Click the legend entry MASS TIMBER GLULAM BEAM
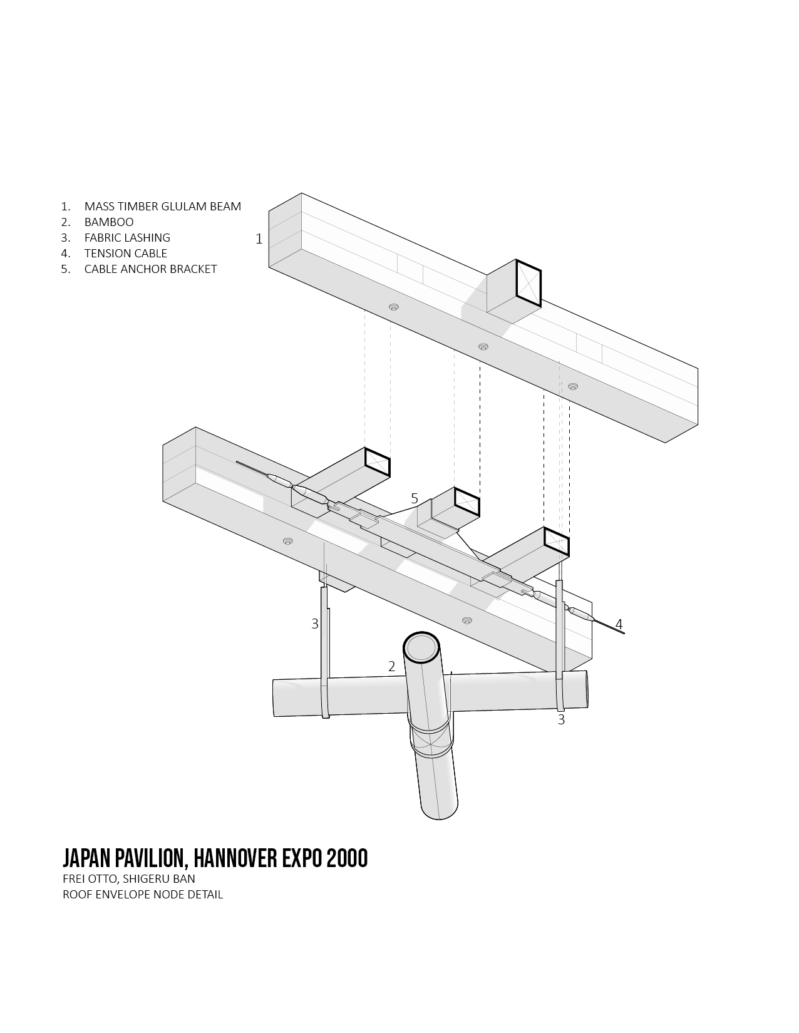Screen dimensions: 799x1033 click(163, 207)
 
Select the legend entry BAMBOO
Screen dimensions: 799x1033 click(109, 222)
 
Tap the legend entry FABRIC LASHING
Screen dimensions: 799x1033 click(127, 238)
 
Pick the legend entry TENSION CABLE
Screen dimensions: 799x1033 click(125, 254)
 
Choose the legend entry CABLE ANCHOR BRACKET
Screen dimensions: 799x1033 click(150, 269)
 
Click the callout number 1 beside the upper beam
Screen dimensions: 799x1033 click(259, 239)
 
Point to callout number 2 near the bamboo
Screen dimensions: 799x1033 click(391, 667)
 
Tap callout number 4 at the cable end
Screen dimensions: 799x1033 click(619, 624)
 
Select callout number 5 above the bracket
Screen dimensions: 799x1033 click(414, 499)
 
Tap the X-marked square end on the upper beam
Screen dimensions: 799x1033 click(528, 283)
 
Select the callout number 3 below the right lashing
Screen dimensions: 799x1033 click(561, 720)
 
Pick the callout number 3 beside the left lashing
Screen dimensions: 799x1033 click(315, 624)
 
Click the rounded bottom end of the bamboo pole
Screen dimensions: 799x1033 click(440, 815)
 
